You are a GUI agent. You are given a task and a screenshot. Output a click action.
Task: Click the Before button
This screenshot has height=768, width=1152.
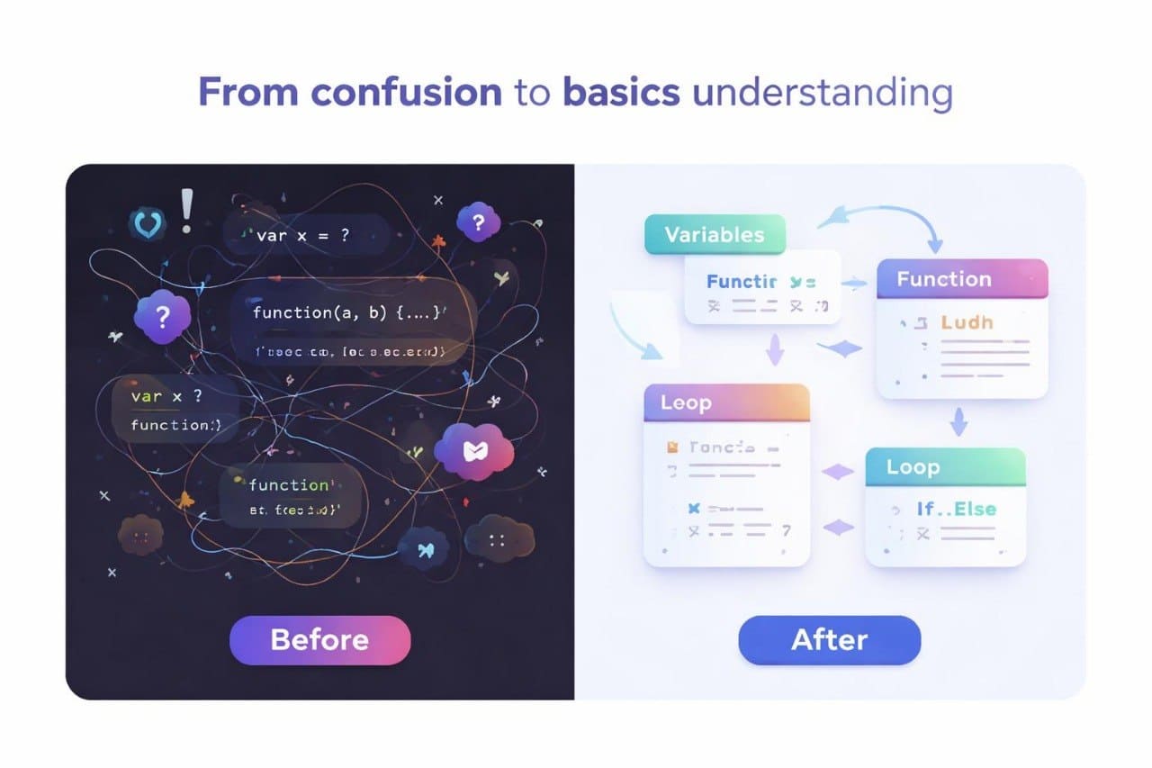tap(319, 640)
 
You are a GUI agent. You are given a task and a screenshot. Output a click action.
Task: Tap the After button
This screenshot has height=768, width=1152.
tap(829, 640)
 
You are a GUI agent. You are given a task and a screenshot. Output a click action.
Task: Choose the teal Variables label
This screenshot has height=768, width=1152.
tap(715, 235)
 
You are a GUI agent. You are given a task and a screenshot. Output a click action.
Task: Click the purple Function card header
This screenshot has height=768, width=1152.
tap(961, 279)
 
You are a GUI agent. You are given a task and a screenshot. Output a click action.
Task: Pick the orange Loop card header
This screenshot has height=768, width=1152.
tap(726, 402)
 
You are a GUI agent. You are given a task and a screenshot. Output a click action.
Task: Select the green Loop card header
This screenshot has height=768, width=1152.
tap(944, 467)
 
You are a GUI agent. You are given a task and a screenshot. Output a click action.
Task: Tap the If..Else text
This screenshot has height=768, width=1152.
tap(957, 510)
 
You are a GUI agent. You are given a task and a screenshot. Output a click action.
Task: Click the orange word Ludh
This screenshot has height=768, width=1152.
tap(967, 321)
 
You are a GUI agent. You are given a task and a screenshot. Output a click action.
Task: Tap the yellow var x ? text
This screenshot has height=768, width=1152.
tap(167, 396)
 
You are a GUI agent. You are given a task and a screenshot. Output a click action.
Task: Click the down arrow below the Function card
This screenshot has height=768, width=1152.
tap(959, 420)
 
